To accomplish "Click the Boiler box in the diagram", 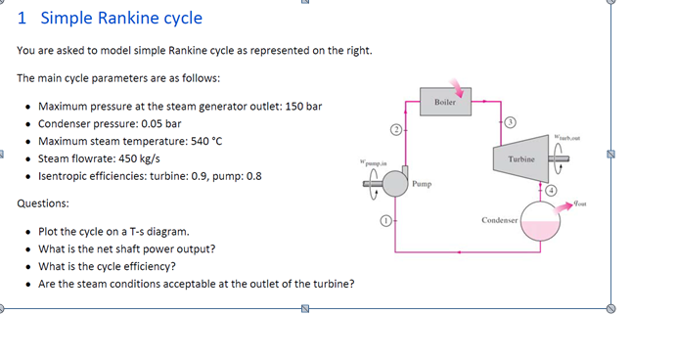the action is pyautogui.click(x=445, y=102).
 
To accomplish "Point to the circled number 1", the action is pyautogui.click(x=386, y=222).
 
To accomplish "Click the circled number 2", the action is pyautogui.click(x=396, y=129).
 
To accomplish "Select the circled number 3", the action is pyautogui.click(x=510, y=122).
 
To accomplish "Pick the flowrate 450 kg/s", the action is pyautogui.click(x=136, y=158).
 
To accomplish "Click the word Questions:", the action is pyautogui.click(x=43, y=203).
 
